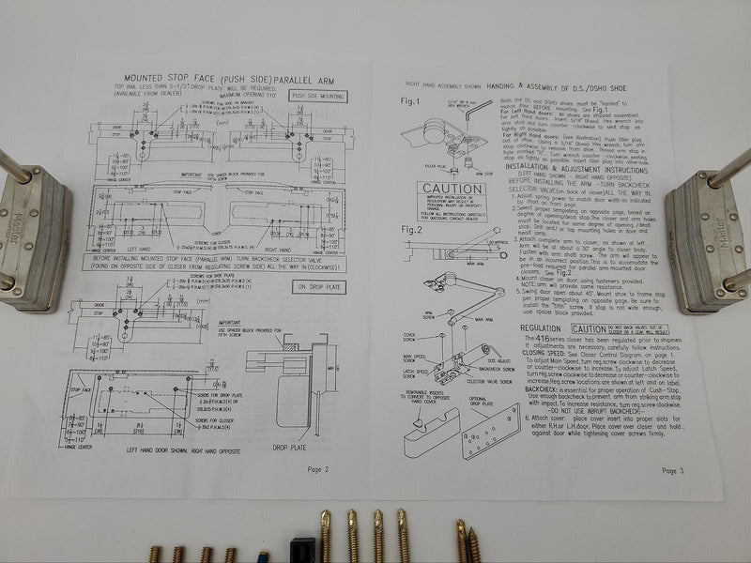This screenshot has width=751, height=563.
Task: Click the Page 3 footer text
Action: tap(675, 470)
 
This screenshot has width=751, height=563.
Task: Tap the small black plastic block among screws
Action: tap(299, 549)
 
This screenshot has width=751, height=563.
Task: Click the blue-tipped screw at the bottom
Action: tap(262, 554)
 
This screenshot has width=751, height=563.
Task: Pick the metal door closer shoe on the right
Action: tap(708, 239)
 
